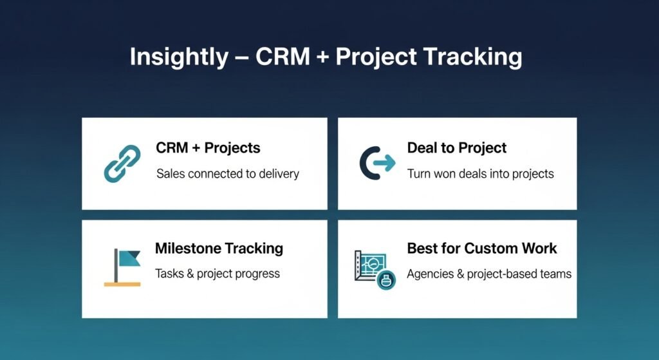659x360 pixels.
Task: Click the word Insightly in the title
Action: point(179,57)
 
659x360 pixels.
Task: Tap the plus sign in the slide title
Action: point(322,57)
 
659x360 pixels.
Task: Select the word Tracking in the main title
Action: point(472,57)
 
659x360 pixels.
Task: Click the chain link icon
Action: point(122,164)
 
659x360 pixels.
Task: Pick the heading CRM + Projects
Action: point(208,147)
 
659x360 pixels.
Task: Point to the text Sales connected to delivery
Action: point(228,174)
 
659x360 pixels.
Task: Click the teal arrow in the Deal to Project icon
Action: point(385,163)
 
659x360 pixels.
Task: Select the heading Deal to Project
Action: point(457,147)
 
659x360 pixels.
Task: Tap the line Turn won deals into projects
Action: point(480,174)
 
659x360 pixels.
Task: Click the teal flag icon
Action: point(128,258)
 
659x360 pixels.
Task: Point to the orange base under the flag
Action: point(122,284)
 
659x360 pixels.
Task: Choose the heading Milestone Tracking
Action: point(219,248)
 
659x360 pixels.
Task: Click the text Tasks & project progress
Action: point(218,274)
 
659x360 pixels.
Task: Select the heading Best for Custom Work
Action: point(481,248)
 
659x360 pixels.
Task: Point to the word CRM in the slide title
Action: point(283,57)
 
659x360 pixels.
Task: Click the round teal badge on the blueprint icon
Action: point(386,279)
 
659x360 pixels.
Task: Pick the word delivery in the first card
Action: point(279,174)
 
